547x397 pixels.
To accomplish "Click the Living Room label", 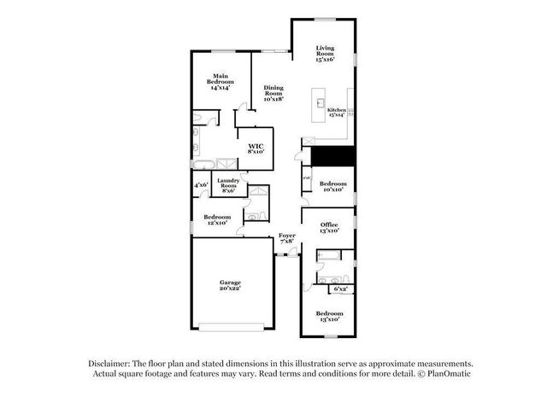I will [x=325, y=54].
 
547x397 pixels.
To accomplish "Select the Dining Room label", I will [x=273, y=93].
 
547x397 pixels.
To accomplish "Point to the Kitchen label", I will [x=336, y=112].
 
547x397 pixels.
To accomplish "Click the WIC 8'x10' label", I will [x=256, y=148].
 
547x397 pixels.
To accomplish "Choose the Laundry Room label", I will [x=227, y=185].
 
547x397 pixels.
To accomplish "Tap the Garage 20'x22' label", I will [x=230, y=285].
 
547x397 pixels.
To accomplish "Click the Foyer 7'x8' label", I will [x=286, y=238].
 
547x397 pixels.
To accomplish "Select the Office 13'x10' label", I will [x=329, y=227].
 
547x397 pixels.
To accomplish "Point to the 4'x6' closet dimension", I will [x=201, y=185].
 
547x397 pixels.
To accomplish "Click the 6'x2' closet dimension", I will [x=340, y=289].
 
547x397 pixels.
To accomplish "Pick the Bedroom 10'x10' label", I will [x=332, y=186].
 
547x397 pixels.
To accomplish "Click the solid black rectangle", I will [x=332, y=156].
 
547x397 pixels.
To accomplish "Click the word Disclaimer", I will [x=112, y=362].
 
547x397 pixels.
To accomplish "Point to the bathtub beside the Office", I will [x=328, y=254].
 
